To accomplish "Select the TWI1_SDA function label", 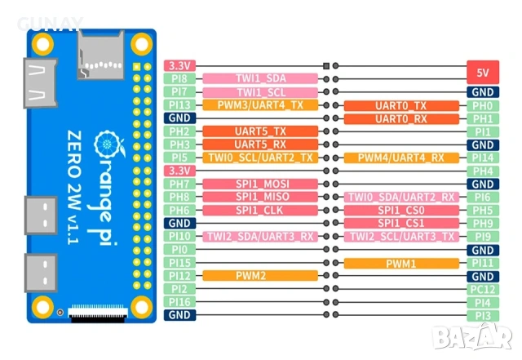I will tap(259, 79).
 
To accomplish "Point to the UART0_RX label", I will tap(401, 118).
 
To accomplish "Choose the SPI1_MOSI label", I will tap(259, 184).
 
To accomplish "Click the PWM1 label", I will tap(401, 263).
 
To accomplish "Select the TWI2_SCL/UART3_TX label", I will tap(401, 237).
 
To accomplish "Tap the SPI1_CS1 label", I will tap(401, 224).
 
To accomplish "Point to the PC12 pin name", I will tap(484, 289).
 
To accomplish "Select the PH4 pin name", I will tap(484, 171).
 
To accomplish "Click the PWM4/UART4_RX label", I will tap(401, 158).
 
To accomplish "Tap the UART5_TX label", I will tap(259, 131).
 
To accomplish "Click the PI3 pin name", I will tap(484, 315).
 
